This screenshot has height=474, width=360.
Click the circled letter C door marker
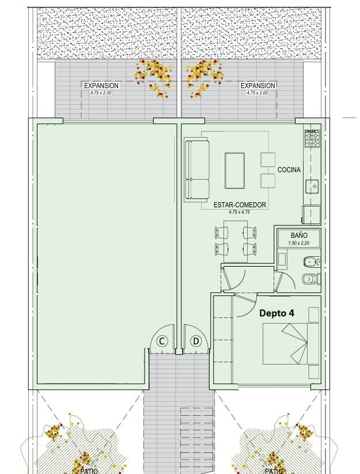click(162, 342)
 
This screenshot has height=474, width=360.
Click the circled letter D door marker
click(196, 342)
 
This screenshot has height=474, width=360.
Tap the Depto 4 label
click(277, 313)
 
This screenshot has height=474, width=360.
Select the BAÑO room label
click(299, 235)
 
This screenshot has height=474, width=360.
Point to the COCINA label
click(289, 170)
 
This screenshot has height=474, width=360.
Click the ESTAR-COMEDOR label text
click(240, 205)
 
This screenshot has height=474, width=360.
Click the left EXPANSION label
click(101, 86)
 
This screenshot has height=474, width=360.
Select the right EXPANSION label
click(258, 86)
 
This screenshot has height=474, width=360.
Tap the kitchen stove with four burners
click(313, 138)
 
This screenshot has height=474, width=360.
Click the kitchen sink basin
click(312, 186)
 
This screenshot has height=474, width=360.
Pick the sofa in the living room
click(197, 171)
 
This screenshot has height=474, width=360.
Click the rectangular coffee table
click(234, 170)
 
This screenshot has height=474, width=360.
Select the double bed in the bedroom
click(290, 344)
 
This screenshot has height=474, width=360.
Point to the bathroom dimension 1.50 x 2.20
click(299, 242)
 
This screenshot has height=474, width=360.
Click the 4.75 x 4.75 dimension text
click(240, 212)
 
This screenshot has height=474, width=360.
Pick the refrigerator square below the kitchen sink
click(312, 215)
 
